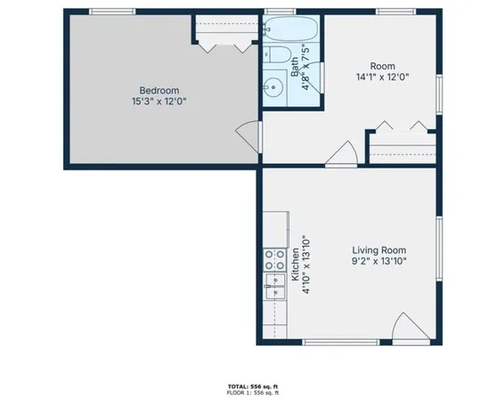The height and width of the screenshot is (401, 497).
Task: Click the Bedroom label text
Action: (x=160, y=90)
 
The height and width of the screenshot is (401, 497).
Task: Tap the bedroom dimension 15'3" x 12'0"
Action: (x=160, y=102)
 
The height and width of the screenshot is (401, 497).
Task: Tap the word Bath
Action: (x=295, y=68)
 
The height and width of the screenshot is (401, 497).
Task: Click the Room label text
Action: (x=383, y=65)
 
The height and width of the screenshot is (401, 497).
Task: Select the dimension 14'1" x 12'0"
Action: (x=383, y=77)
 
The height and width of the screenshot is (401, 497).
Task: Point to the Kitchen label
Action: (x=295, y=265)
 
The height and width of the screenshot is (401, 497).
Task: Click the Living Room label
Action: (x=385, y=250)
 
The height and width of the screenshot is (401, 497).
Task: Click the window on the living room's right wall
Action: (x=439, y=252)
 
